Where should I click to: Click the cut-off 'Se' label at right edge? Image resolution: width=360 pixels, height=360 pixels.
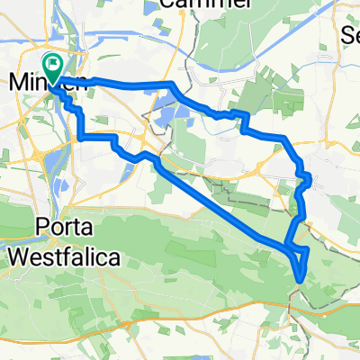[x=351, y=36]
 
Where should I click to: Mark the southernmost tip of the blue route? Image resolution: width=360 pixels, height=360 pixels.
[x=298, y=280]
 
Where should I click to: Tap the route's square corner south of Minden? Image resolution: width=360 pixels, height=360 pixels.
[x=81, y=137]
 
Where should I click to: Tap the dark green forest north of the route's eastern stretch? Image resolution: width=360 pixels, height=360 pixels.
[x=261, y=99]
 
